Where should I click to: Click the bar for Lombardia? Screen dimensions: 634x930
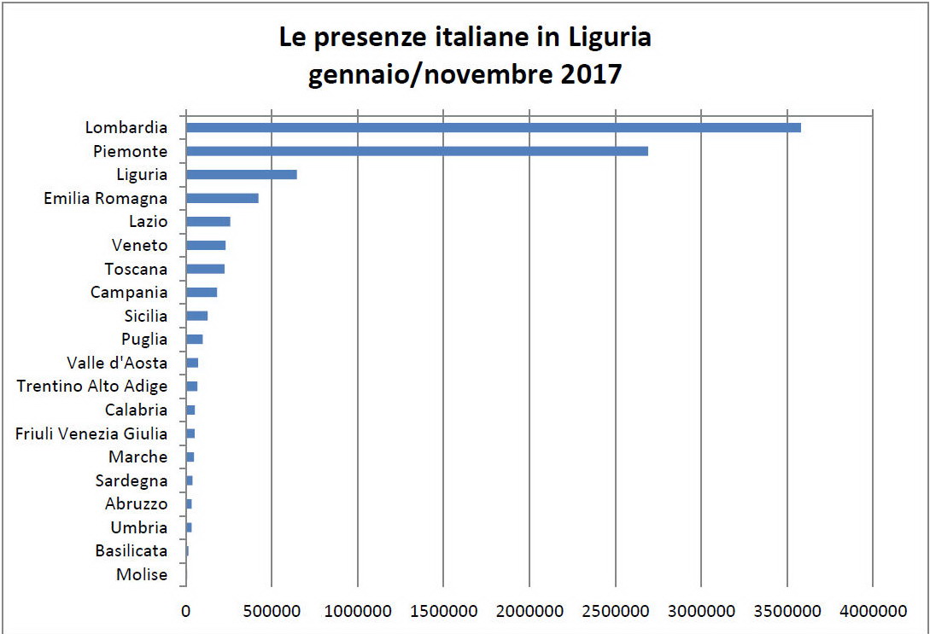[x=493, y=128]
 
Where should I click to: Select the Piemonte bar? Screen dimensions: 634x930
[x=417, y=151]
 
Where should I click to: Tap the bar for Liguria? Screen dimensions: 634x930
[x=242, y=175]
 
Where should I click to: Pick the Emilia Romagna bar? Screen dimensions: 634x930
[x=222, y=198]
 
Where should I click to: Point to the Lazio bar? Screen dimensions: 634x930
[x=208, y=222]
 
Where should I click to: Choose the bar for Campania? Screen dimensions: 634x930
[x=202, y=293]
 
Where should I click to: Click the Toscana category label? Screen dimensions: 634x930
[x=136, y=269]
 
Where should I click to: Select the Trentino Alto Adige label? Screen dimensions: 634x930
[x=92, y=387]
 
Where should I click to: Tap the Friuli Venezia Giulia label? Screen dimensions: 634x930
[x=91, y=433]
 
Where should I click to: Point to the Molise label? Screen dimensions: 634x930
[x=142, y=574]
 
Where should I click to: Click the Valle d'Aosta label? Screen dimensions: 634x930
[x=117, y=363]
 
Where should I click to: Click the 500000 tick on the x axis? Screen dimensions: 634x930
[x=271, y=612]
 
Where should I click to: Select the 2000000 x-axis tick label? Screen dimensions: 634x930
[x=529, y=612]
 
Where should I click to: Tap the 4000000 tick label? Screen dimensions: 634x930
[x=872, y=612]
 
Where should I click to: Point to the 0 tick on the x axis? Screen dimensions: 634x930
[x=185, y=612]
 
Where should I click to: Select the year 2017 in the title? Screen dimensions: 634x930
[x=591, y=75]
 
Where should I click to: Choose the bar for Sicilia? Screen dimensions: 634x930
[x=197, y=316]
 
